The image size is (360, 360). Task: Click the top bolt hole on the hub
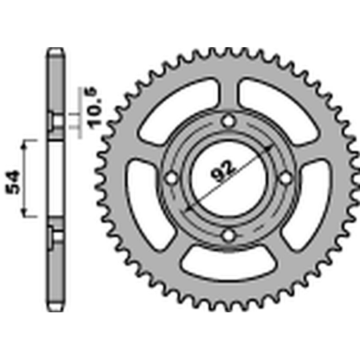tap(229, 121)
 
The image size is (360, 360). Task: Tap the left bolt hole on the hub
tap(171, 179)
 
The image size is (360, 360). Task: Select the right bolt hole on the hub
tap(285, 179)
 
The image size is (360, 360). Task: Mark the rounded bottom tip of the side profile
tap(56, 308)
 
